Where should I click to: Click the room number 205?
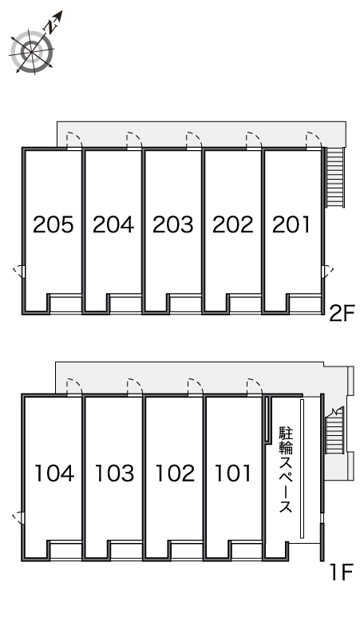coord(53,224)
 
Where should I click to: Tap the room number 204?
coord(113,224)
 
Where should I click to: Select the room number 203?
coord(173,224)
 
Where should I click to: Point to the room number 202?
coord(233,224)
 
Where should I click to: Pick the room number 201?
coord(291,224)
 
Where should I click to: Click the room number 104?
coord(54,473)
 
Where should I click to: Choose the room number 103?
coord(115,473)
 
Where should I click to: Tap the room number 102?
coord(175,473)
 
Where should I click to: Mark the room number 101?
coord(232,473)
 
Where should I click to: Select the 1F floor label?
coord(341,572)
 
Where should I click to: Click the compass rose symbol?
coord(32,51)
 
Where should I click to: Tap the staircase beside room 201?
coord(335,177)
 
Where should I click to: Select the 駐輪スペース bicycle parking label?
coord(286,469)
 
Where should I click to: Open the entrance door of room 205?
coord(74,141)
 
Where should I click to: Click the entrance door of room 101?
coord(255,387)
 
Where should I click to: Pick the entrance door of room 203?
coord(195,141)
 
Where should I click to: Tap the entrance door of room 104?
coord(74,387)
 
